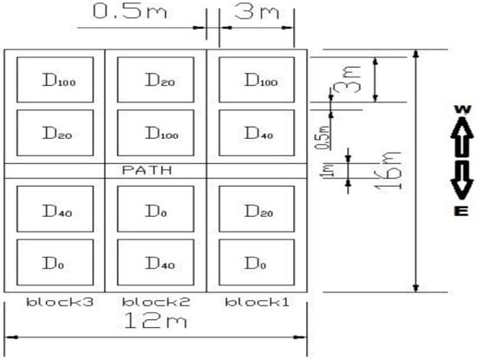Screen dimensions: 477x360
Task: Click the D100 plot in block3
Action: coord(55,80)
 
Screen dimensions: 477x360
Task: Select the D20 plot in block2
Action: coord(156,80)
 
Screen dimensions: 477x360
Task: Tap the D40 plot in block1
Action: coord(257,133)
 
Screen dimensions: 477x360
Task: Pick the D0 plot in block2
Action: coord(156,209)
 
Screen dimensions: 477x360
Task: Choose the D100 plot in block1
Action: coord(257,80)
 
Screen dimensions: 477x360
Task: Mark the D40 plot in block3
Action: coord(55,209)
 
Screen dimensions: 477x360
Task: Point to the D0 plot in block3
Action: coord(55,262)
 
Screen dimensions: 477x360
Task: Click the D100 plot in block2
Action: coord(156,133)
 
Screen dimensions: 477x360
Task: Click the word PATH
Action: coord(147,170)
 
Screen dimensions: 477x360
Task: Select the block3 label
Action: coord(60,302)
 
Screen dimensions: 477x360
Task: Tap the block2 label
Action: coord(156,302)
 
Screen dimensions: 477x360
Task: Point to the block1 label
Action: coord(257,302)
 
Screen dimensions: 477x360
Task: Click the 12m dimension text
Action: coord(155,321)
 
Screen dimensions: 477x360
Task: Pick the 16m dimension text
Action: coord(389,170)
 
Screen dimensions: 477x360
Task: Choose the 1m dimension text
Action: coord(330,171)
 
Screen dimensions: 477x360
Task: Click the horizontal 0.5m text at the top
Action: coord(130,11)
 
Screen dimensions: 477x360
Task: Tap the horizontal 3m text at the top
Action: coord(257,12)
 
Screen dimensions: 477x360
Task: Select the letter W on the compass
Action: coord(462,109)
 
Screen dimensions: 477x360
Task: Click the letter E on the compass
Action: coord(461,211)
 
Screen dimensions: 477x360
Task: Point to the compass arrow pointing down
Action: coord(461,180)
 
